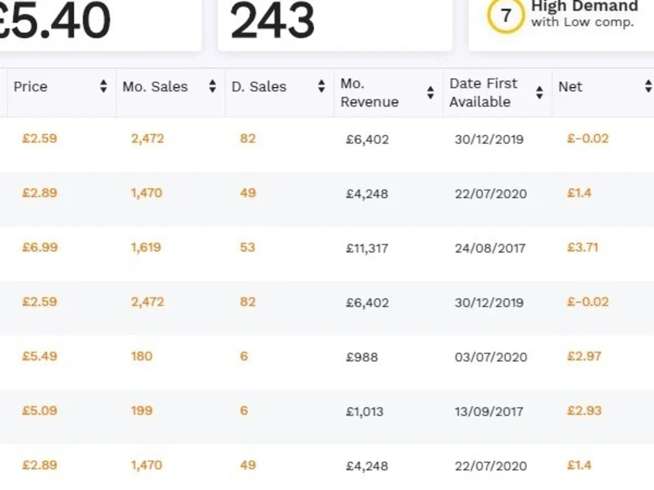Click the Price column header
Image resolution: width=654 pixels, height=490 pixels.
click(31, 87)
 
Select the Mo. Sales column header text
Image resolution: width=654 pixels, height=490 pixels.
click(155, 87)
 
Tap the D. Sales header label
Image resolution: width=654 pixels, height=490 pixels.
click(259, 87)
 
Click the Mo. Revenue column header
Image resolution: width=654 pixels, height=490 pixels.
click(370, 93)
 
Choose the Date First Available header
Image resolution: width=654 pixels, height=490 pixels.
click(483, 93)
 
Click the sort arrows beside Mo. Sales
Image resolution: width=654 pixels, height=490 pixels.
click(213, 86)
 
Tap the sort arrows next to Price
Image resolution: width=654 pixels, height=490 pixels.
click(103, 86)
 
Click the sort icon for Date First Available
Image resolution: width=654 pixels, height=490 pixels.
click(540, 93)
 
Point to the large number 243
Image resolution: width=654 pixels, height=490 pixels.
click(272, 20)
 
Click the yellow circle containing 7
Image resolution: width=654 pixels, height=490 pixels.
click(506, 16)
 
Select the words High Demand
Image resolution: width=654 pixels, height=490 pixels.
click(585, 7)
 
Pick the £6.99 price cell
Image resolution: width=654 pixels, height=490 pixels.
click(40, 248)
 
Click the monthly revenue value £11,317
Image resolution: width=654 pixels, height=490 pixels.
click(367, 248)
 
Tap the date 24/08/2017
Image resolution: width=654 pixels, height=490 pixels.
click(490, 248)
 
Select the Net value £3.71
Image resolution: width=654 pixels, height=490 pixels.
click(583, 248)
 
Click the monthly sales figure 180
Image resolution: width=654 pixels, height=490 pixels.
click(142, 356)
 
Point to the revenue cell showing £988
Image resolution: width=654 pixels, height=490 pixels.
click(362, 357)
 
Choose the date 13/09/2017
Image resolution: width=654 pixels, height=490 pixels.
click(489, 412)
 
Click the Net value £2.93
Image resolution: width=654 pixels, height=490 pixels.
click(584, 411)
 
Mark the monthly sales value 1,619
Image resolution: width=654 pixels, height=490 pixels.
click(146, 248)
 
